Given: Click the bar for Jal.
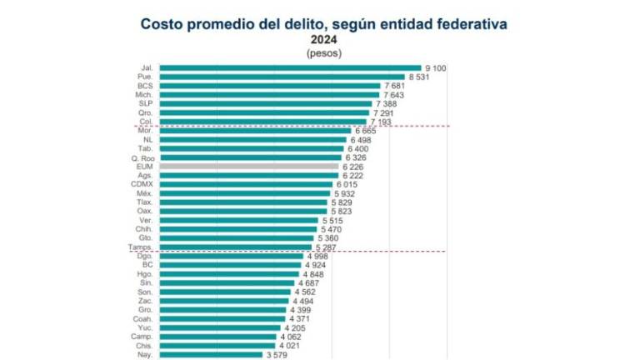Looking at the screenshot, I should click(289, 67).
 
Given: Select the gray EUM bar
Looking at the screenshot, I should click(248, 166).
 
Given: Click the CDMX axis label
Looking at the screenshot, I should click(140, 184).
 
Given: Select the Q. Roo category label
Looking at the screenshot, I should click(140, 157).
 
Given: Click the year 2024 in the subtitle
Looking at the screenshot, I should click(323, 39).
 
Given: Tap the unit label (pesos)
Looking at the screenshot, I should click(323, 52).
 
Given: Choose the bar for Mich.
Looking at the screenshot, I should click(268, 94).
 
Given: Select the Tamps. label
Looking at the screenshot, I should click(138, 247).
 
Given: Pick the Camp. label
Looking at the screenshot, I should click(140, 337).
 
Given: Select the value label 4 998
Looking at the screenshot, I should click(321, 257).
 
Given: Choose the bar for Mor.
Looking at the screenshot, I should click(255, 131).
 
